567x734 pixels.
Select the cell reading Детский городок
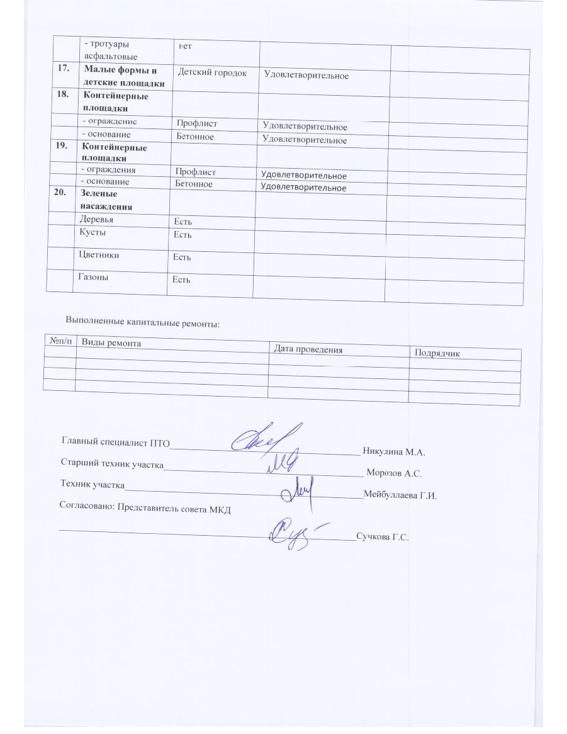[x=212, y=72]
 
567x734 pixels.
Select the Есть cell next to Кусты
[x=182, y=235]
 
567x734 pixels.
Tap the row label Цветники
[x=99, y=255]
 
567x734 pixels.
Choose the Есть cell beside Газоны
[x=181, y=279]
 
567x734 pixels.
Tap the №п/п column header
[x=59, y=341]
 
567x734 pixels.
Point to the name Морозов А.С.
[x=394, y=473]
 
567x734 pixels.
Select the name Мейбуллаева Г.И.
[x=400, y=495]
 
